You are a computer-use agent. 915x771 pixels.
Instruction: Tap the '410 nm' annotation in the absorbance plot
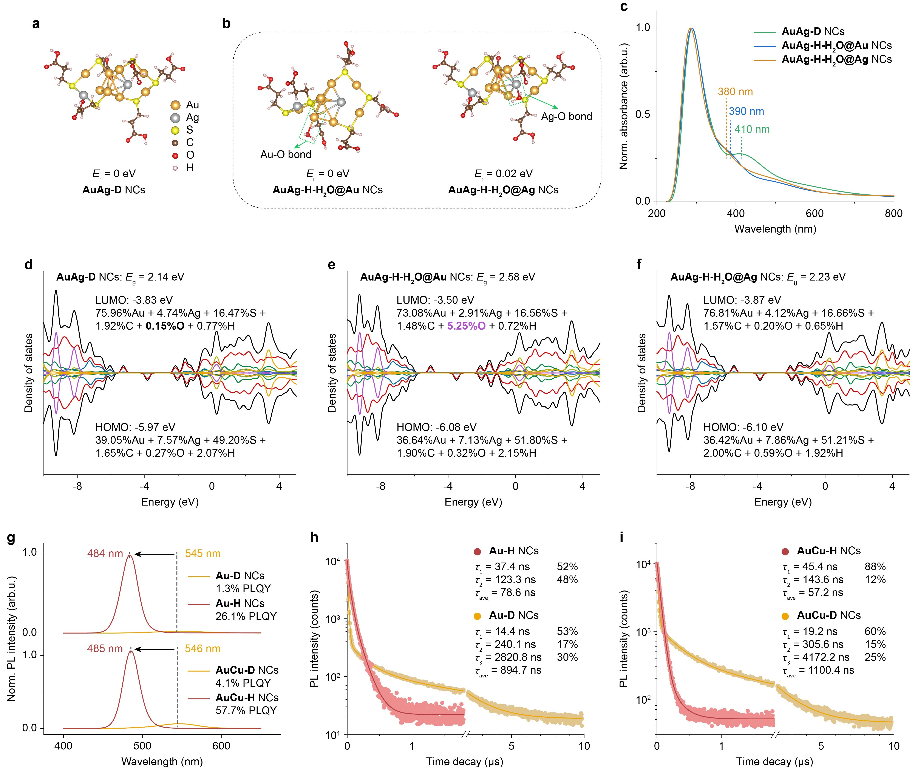pos(752,129)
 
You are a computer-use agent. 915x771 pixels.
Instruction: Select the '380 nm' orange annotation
pos(735,92)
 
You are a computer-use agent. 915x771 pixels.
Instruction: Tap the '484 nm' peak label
pos(105,554)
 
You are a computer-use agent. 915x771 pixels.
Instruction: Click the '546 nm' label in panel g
pos(202,649)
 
